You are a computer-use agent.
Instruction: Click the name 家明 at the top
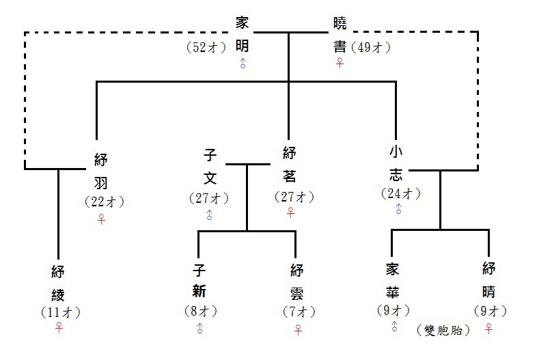tap(243, 34)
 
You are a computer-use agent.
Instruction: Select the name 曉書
tap(340, 34)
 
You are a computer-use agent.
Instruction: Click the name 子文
tap(210, 167)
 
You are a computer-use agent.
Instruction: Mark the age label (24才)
tap(400, 193)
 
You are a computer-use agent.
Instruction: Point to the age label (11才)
tap(60, 312)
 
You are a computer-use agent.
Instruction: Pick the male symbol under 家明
tap(243, 64)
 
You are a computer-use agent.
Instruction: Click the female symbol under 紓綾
tap(59, 328)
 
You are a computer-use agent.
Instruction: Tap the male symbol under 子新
tap(199, 329)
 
